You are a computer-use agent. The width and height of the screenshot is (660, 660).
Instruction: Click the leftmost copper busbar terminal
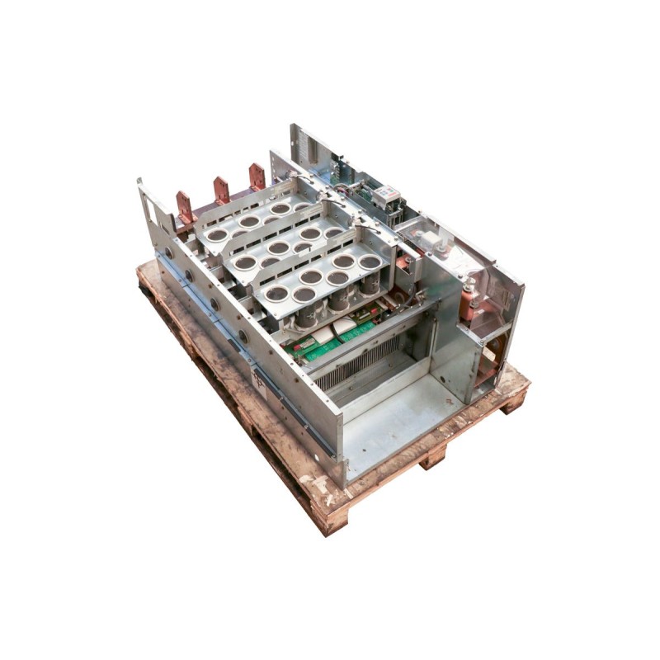point(184,207)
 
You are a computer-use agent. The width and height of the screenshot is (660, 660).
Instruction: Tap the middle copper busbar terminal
point(221,190)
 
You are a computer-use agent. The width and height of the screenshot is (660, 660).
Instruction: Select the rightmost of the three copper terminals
point(257,176)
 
